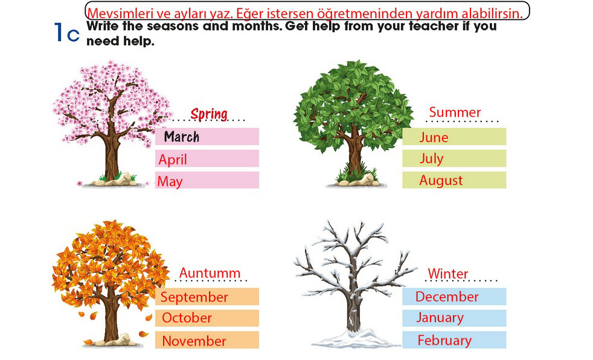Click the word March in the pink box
point(182,137)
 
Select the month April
point(173,159)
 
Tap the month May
point(170,182)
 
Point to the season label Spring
point(209,114)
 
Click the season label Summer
point(455,112)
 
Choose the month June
point(434,137)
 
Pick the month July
point(432,159)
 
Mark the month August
point(441,181)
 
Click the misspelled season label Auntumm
point(210,273)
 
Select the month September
point(194,297)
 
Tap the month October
point(187,318)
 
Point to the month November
point(194,341)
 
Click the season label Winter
point(448,274)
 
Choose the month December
point(447,297)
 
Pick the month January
point(440,318)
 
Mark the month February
point(444,341)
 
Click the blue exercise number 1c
point(67,33)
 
